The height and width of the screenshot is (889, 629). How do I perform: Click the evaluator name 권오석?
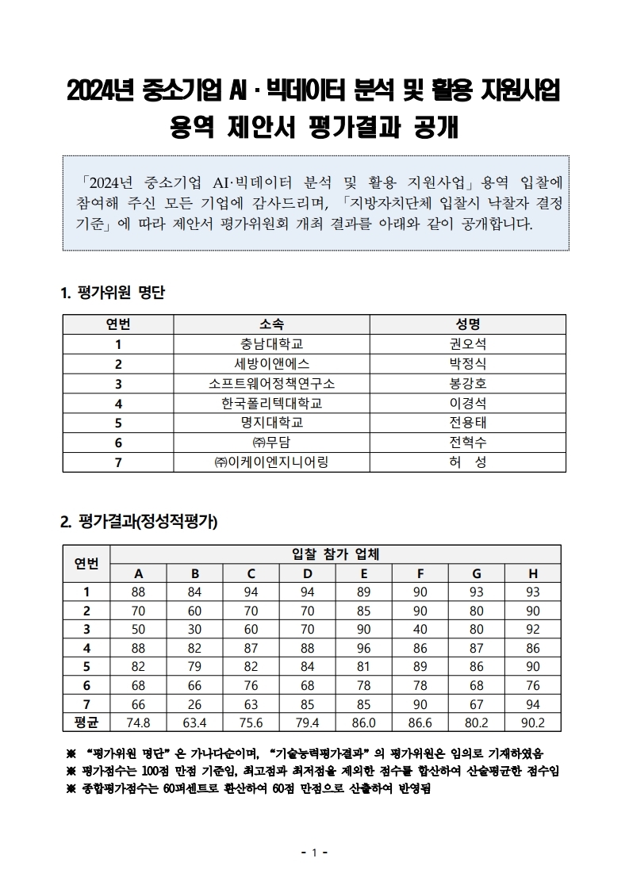(468, 344)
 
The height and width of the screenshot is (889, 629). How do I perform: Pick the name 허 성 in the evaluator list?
(468, 462)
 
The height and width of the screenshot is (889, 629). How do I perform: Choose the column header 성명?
(468, 324)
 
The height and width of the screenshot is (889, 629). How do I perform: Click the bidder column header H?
(532, 573)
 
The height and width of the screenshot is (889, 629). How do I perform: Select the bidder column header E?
(363, 573)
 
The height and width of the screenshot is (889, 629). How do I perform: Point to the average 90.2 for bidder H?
(532, 722)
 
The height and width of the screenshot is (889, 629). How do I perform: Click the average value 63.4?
(194, 722)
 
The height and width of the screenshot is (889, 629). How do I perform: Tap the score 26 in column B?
(194, 703)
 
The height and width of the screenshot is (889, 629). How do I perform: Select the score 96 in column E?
(363, 648)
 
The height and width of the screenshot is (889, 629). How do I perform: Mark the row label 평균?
(86, 722)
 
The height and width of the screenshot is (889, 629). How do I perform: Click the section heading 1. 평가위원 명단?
(113, 293)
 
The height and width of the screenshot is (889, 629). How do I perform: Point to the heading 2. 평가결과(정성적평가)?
(139, 522)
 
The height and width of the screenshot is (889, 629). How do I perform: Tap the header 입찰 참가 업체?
(335, 554)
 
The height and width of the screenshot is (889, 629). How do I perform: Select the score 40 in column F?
(420, 629)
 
